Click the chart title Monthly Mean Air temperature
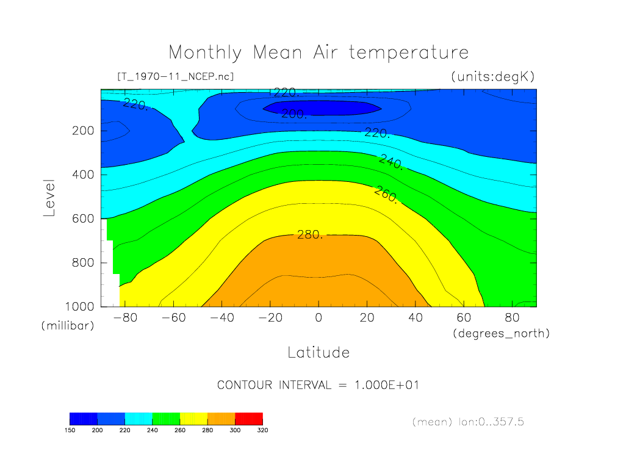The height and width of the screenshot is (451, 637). click(x=318, y=52)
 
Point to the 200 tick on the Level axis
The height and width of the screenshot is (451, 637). click(x=84, y=131)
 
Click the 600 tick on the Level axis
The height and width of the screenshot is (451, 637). click(x=84, y=218)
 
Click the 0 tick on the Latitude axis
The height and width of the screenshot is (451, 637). click(x=318, y=317)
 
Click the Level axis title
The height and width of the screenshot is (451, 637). click(x=49, y=198)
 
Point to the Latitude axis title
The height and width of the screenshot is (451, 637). click(x=318, y=352)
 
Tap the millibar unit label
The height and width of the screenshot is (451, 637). click(x=68, y=326)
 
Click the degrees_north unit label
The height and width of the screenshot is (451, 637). click(x=501, y=333)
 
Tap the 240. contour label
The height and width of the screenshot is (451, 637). click(x=390, y=162)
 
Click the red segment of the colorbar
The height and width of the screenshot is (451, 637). click(x=248, y=419)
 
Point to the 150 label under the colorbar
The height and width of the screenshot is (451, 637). click(x=70, y=430)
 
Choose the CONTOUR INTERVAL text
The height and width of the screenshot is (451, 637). click(x=318, y=385)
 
